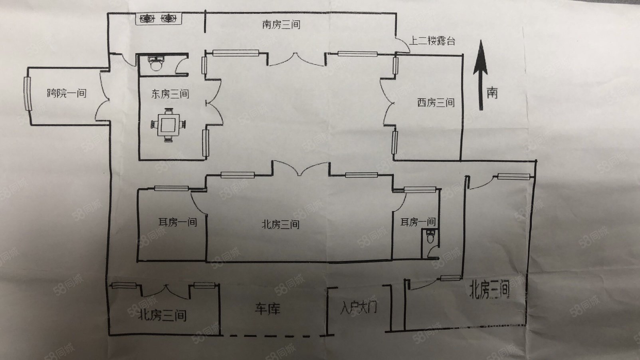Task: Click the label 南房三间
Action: [x=281, y=25]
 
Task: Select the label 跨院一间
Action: [x=67, y=93]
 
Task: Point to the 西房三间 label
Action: [x=436, y=103]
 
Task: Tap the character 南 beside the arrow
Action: [x=492, y=93]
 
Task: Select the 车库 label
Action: [x=267, y=308]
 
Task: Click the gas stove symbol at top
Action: [x=158, y=19]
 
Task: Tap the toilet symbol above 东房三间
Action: [x=155, y=63]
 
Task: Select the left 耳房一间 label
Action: [x=177, y=222]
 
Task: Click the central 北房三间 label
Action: [x=280, y=225]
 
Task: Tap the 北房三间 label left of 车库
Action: [x=162, y=316]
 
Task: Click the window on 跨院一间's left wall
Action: [x=27, y=93]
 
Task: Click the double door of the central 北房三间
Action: [x=301, y=168]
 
